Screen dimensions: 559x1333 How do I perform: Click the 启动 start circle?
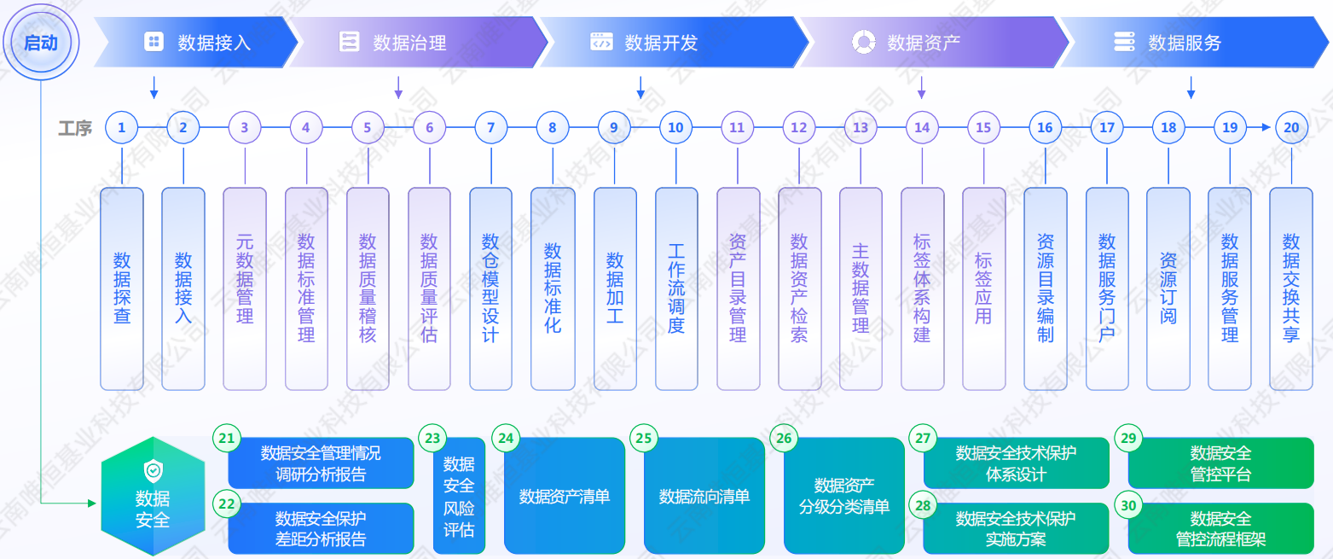click(x=41, y=43)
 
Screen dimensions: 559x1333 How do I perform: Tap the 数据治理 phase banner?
click(x=418, y=42)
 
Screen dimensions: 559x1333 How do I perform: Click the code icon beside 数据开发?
click(x=601, y=42)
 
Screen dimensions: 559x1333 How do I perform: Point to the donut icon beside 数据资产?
click(x=863, y=42)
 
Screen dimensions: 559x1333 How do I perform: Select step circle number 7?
click(x=490, y=128)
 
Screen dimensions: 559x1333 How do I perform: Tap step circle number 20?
click(x=1291, y=128)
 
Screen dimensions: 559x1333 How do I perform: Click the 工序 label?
click(x=75, y=129)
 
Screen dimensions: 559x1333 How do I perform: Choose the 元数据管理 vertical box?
click(x=245, y=288)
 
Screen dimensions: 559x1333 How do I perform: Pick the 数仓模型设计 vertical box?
click(x=490, y=288)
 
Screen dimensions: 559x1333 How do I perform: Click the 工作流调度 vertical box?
click(x=676, y=288)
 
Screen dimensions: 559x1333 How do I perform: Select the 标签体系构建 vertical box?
click(x=922, y=288)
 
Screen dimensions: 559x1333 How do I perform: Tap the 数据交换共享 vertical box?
click(x=1291, y=288)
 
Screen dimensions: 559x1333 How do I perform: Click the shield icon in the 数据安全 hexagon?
click(x=153, y=469)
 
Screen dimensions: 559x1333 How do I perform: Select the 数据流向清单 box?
click(x=704, y=496)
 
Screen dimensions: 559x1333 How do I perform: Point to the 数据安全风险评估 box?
click(x=459, y=496)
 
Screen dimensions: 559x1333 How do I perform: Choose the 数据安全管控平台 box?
click(x=1221, y=463)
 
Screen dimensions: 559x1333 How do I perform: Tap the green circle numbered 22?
click(x=226, y=504)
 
